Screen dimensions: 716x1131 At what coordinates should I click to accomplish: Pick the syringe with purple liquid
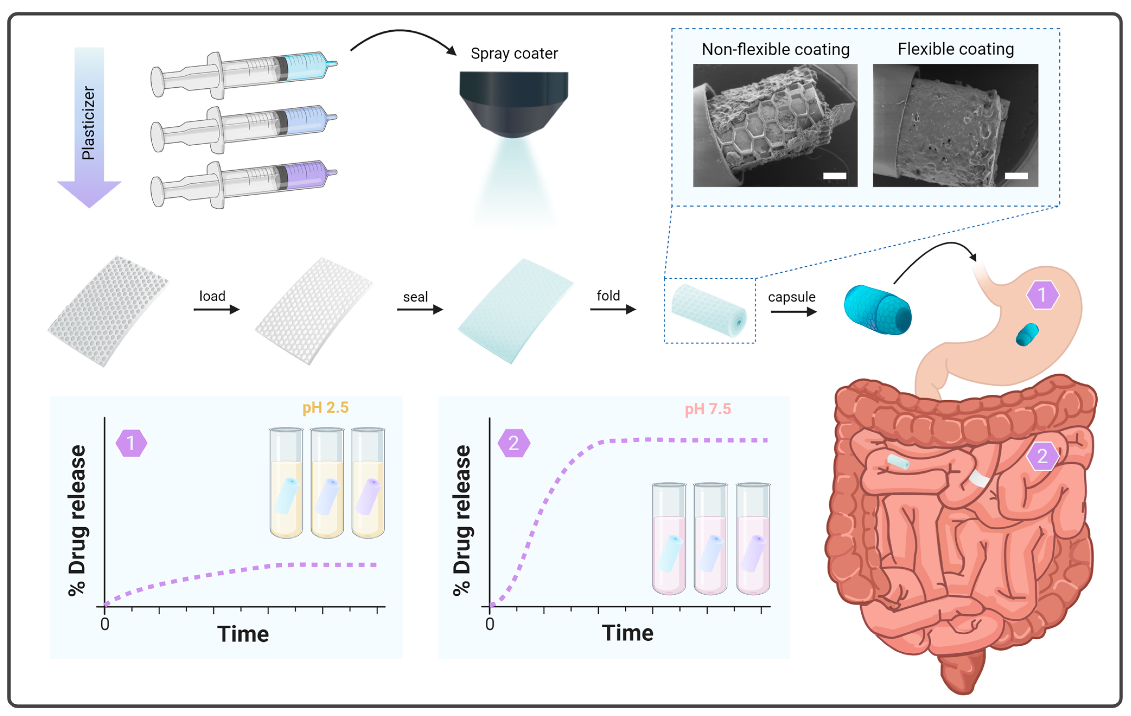244,184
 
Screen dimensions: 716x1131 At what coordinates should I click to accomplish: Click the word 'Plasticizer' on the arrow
88,123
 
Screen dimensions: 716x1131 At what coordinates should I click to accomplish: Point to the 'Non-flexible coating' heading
775,49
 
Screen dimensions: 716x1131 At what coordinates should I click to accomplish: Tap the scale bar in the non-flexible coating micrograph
834,176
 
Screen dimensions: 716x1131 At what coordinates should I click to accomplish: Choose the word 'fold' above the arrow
608,296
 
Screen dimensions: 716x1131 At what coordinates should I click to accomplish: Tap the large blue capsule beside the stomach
877,310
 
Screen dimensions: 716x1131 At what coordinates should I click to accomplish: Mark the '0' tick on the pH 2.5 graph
105,624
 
